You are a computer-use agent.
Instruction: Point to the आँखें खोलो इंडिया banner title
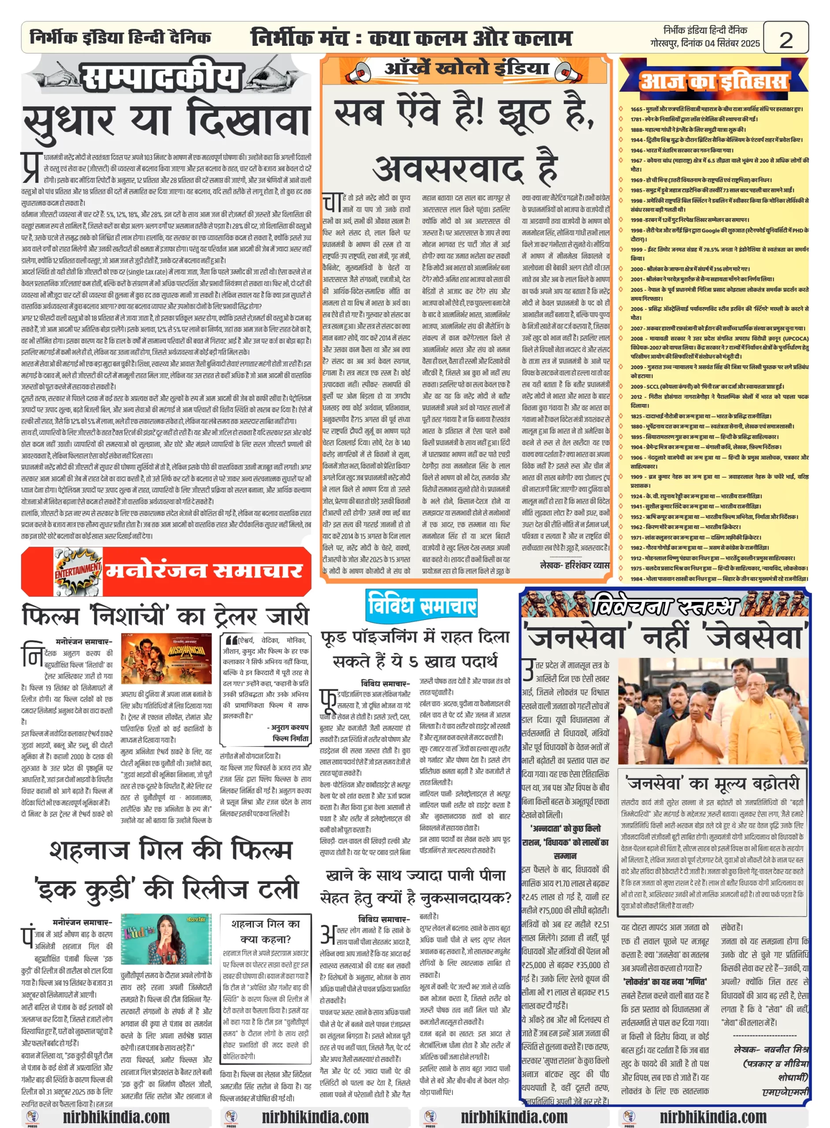pos(466,68)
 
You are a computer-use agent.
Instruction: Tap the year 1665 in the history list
pos(636,109)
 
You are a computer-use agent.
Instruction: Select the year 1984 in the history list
pos(636,579)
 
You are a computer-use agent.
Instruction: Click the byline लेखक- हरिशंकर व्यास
pos(574,565)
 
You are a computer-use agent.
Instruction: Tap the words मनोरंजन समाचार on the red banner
pos(204,571)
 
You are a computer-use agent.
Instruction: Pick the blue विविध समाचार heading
pos(422,605)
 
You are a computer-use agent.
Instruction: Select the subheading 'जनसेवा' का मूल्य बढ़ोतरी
pos(712,783)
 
